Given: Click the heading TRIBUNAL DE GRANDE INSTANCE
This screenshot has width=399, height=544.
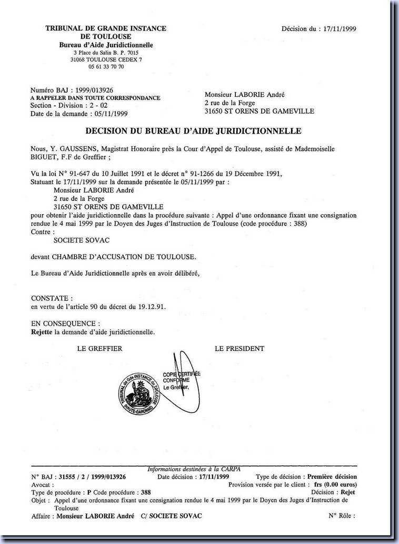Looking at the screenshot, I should point(106,28).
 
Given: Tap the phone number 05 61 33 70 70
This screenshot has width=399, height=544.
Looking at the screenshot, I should point(106,67).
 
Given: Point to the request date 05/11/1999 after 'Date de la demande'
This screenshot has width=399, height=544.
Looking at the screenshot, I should point(109,113).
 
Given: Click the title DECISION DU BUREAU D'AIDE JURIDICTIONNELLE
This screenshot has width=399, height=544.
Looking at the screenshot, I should point(193,130).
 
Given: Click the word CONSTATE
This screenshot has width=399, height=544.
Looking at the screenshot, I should point(48,298).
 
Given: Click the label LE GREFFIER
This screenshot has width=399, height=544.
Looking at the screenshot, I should point(99,348).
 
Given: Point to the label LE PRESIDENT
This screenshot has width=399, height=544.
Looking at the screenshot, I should point(240,348).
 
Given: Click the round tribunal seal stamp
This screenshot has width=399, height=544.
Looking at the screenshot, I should point(138,392).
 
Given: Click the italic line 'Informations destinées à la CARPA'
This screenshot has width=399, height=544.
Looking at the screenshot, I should point(194,469).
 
